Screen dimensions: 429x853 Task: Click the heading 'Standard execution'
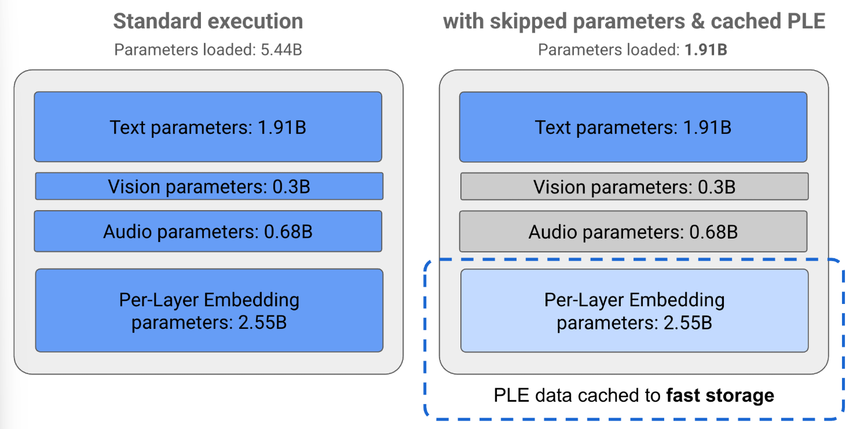point(208,21)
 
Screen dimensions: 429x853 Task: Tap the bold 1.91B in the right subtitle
point(706,50)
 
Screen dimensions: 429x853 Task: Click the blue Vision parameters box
point(209,186)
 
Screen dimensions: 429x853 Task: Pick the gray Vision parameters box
point(634,186)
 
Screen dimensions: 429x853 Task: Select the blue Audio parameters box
point(208,232)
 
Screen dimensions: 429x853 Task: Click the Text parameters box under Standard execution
point(208,127)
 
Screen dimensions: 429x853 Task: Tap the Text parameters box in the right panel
point(633,127)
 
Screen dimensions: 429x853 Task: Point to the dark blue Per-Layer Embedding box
point(209,310)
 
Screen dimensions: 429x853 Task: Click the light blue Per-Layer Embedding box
point(634,310)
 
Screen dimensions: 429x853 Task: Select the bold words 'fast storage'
point(720,396)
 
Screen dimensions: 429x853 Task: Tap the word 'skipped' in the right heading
point(527,21)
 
